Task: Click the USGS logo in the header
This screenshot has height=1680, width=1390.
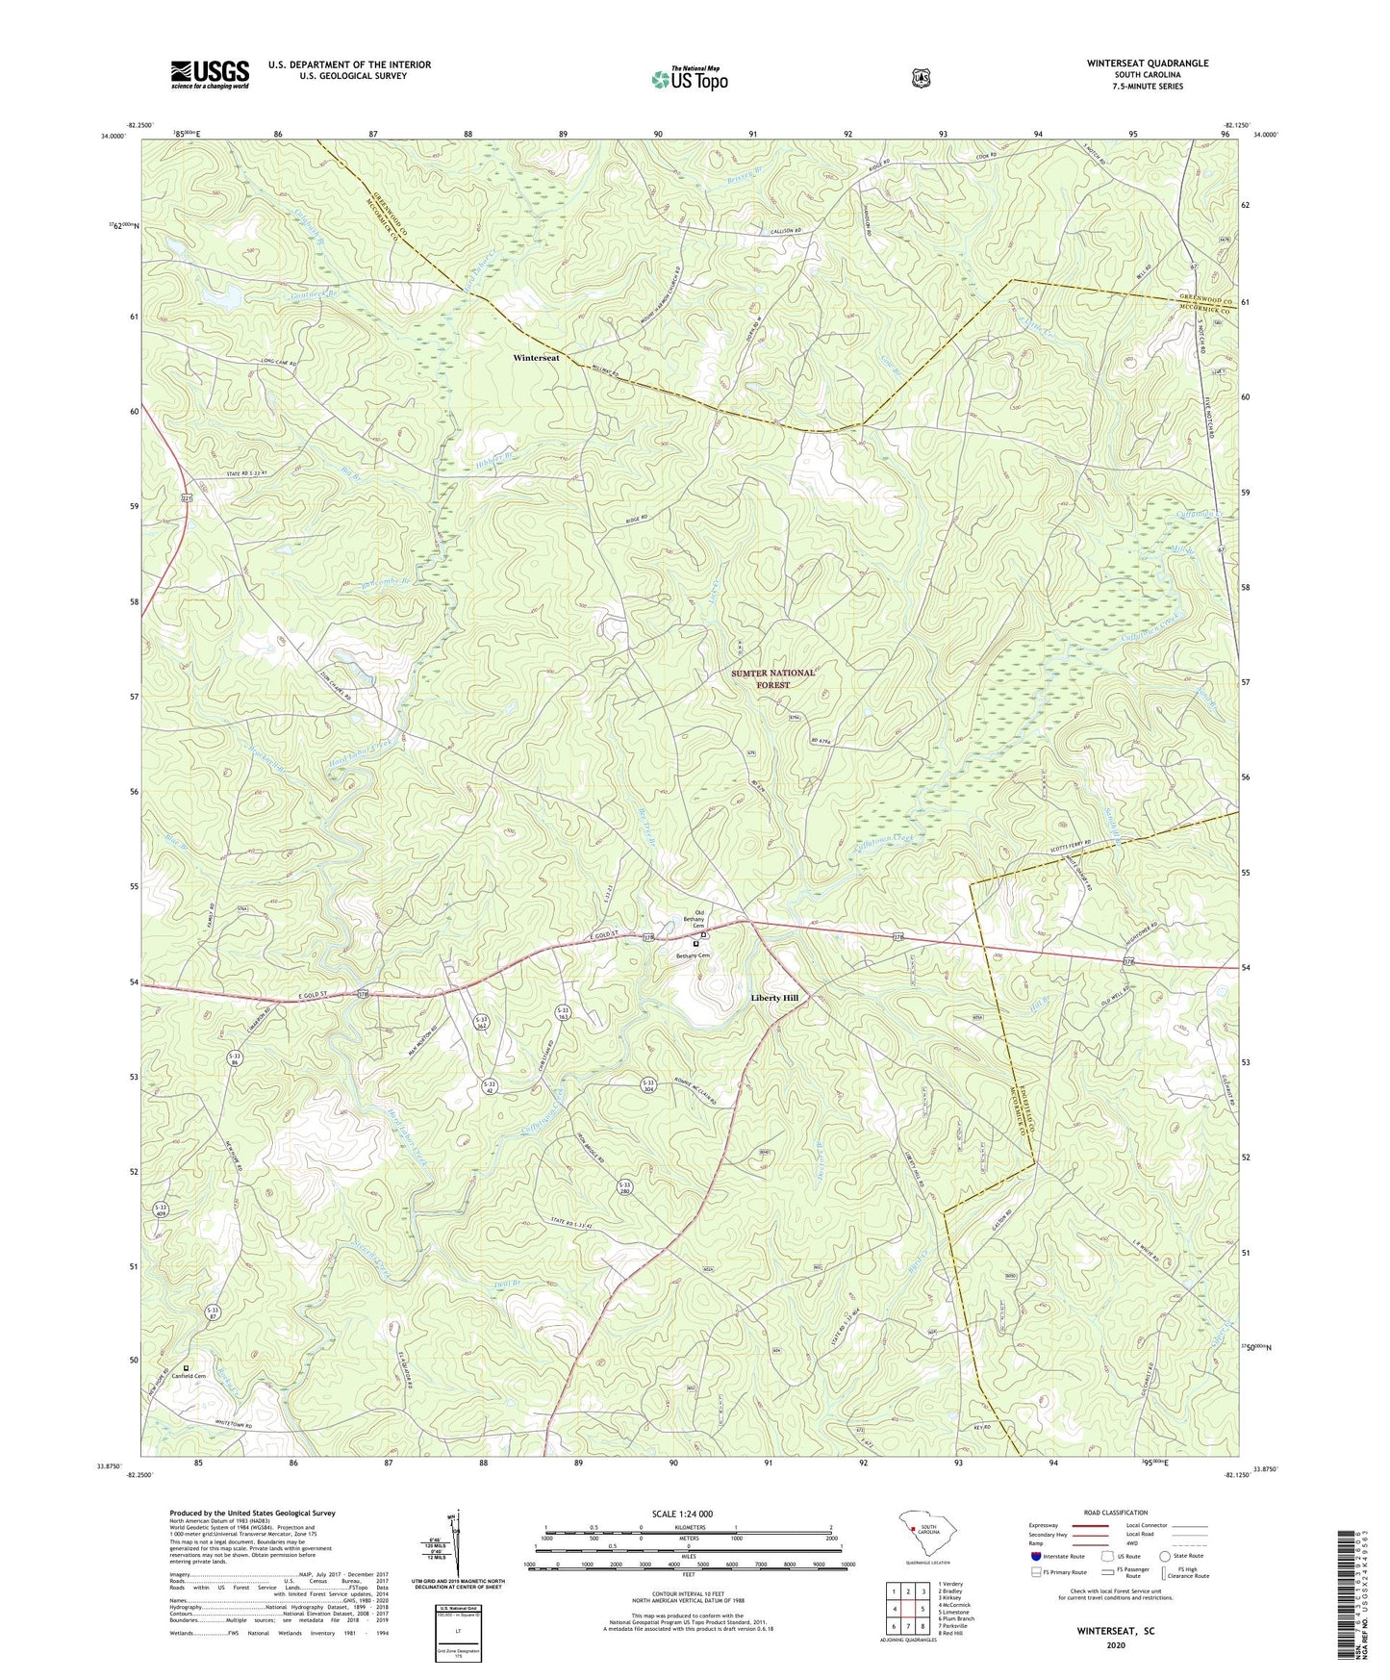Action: [x=210, y=74]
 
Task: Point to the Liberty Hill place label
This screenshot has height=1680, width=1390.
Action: [x=774, y=999]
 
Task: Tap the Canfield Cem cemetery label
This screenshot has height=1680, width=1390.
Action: [x=189, y=1376]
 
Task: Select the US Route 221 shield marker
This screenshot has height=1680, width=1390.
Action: [x=187, y=497]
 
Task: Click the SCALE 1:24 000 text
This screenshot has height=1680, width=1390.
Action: [x=681, y=1514]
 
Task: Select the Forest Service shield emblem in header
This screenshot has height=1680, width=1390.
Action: [x=922, y=78]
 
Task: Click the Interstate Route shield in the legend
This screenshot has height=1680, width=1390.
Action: [x=1036, y=1556]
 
